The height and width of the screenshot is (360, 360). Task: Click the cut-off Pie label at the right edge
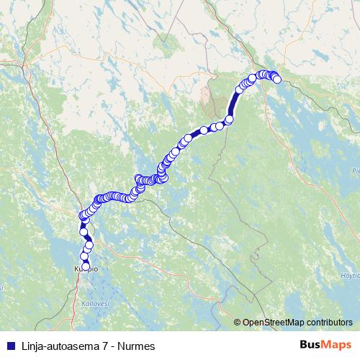coord(355,171)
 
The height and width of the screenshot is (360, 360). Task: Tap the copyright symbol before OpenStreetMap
coord(238,323)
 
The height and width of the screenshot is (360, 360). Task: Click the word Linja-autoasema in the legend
coord(53,346)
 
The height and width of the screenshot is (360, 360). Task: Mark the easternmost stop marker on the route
coord(277,80)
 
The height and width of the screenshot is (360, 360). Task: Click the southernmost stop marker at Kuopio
coord(86,266)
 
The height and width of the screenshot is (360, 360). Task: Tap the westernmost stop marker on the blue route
coord(81,216)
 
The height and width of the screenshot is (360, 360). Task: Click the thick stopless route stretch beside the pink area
coord(233,107)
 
